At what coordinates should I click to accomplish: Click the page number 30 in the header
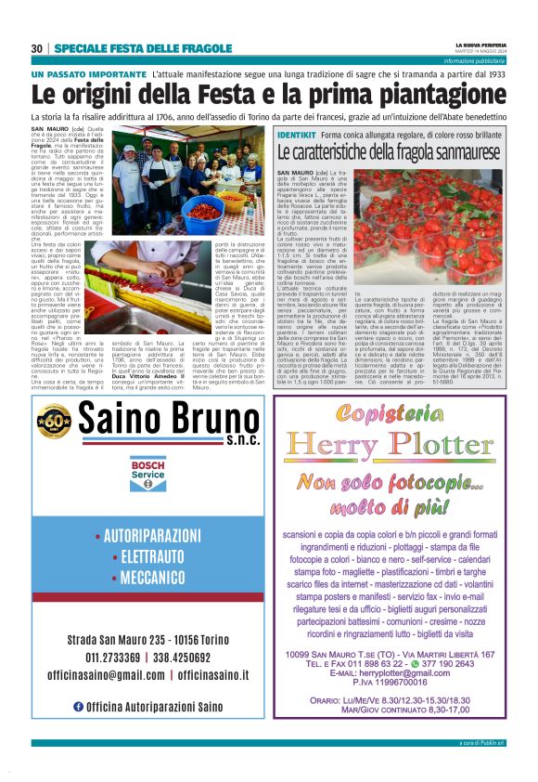(x=37, y=48)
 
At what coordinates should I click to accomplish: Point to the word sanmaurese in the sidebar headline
(x=463, y=151)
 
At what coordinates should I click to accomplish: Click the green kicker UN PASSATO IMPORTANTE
(x=88, y=72)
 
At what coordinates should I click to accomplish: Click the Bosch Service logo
(x=147, y=474)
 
